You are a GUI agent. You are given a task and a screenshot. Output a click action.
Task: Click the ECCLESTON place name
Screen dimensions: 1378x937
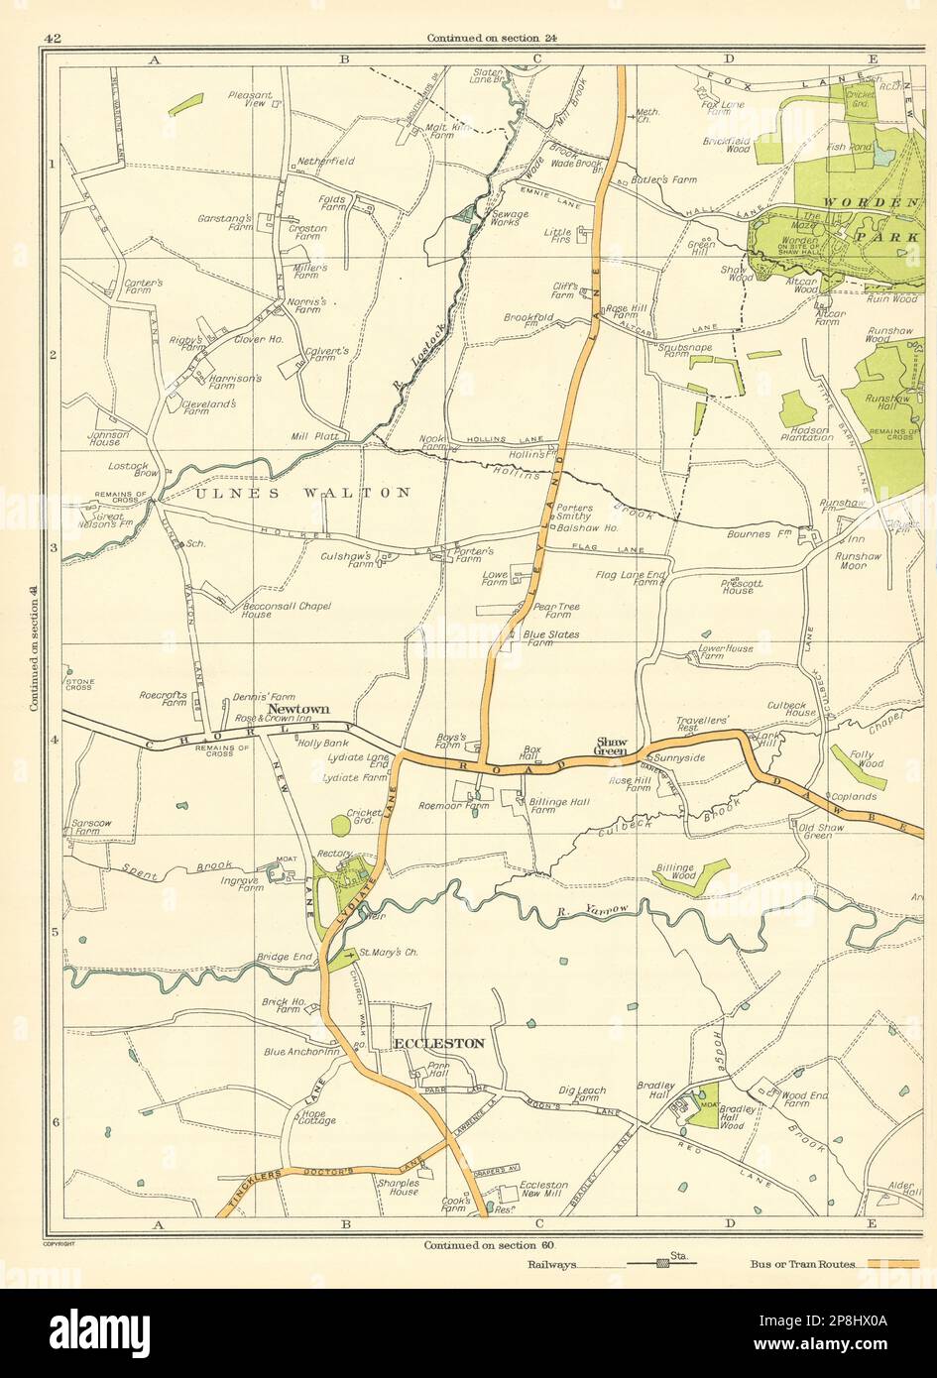439,1044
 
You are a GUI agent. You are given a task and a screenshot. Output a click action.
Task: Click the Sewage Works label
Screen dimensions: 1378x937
510,218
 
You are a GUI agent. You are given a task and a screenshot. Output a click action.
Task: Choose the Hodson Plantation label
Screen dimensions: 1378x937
805,432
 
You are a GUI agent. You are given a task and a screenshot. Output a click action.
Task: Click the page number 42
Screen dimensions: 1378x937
54,39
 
